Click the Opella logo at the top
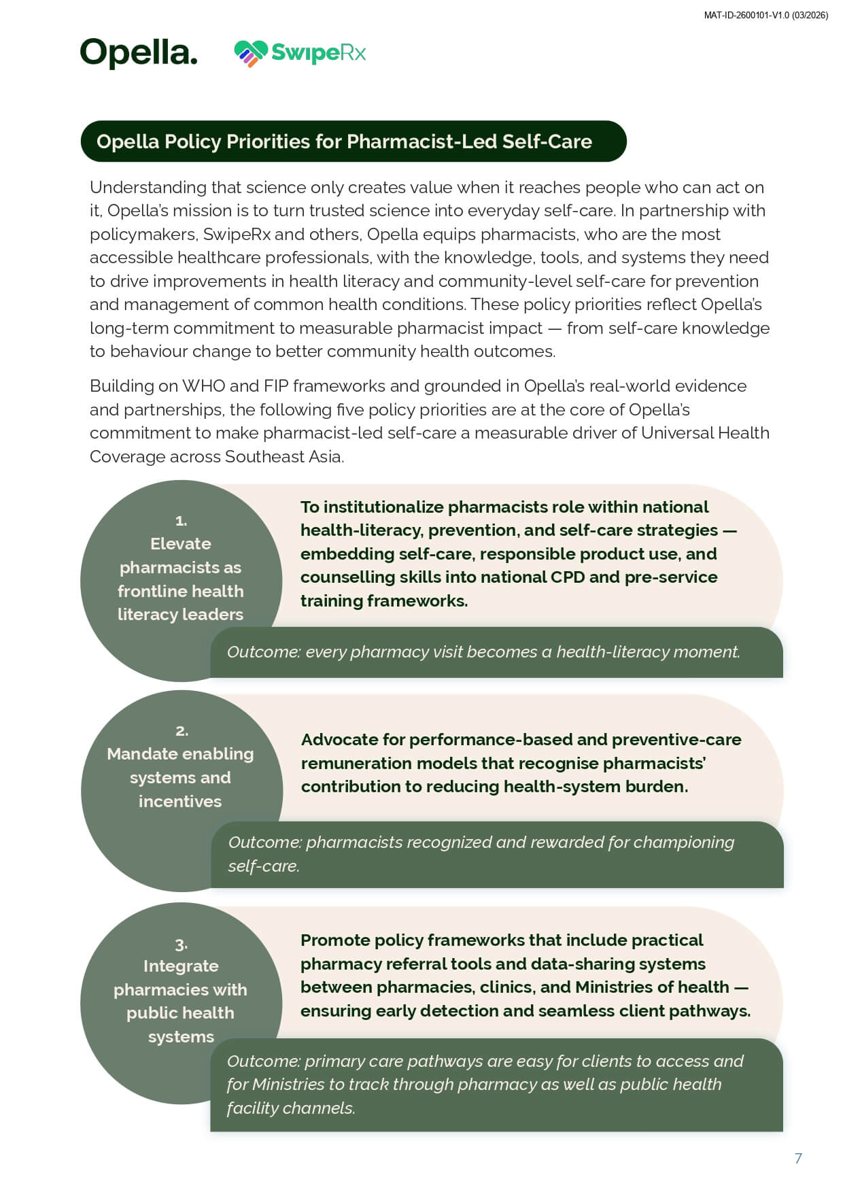[139, 52]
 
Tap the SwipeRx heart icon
[250, 53]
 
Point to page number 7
[798, 1158]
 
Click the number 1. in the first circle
[181, 521]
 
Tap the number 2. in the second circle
[182, 731]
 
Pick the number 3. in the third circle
[181, 944]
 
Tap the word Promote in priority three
[334, 940]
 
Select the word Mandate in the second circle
[140, 754]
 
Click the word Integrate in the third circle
[181, 966]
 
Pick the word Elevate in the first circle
[181, 544]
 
